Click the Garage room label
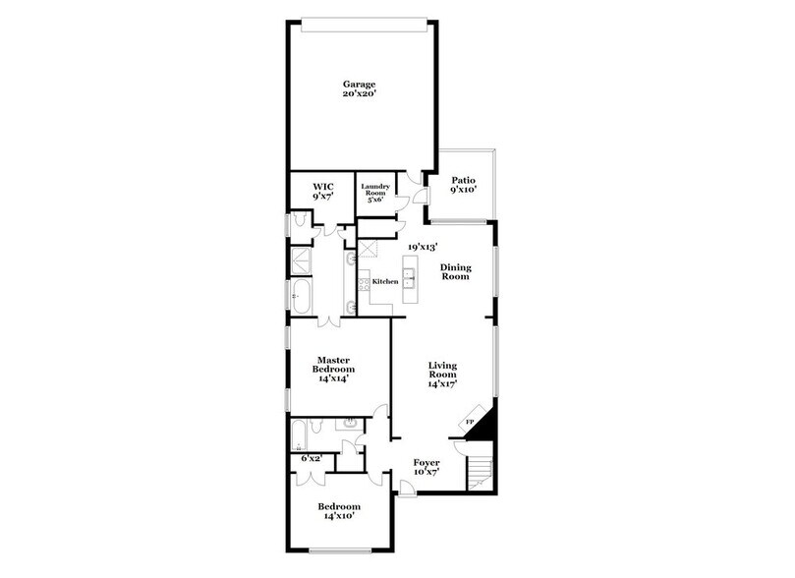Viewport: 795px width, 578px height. pos(359,84)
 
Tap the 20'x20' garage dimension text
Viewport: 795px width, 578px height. pos(359,96)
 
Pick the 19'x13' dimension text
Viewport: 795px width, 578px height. pos(423,247)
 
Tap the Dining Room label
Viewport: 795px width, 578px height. pos(457,271)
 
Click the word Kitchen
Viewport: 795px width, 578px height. pos(384,282)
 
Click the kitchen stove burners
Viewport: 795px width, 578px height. pos(366,281)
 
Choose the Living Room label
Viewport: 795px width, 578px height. pos(443,375)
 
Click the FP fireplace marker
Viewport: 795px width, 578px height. pos(470,422)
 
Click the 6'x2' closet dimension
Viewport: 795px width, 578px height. pos(312,459)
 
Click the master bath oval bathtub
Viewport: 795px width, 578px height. pos(300,292)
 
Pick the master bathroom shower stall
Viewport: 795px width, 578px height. pos(300,261)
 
